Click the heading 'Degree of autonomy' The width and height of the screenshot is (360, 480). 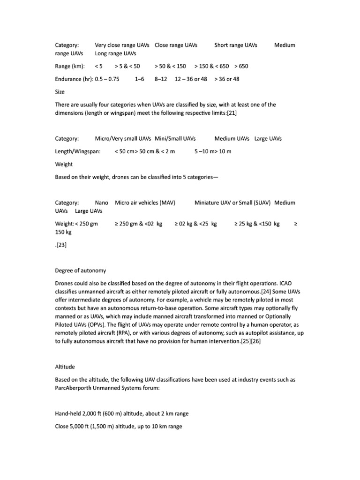pos(81,270)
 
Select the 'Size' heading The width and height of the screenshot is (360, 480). pos(60,92)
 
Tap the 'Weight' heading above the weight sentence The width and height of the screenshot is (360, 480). pos(64,165)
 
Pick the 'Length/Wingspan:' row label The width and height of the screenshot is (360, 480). pos(78,152)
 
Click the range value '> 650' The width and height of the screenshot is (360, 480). pos(241,66)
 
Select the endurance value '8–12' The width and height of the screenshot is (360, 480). pos(161,79)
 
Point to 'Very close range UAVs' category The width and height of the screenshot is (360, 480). pos(122,45)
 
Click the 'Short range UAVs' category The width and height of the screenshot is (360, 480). pos(236,45)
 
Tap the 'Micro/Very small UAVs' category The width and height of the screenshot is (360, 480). pos(123,139)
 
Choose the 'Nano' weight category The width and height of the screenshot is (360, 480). pos(102,203)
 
